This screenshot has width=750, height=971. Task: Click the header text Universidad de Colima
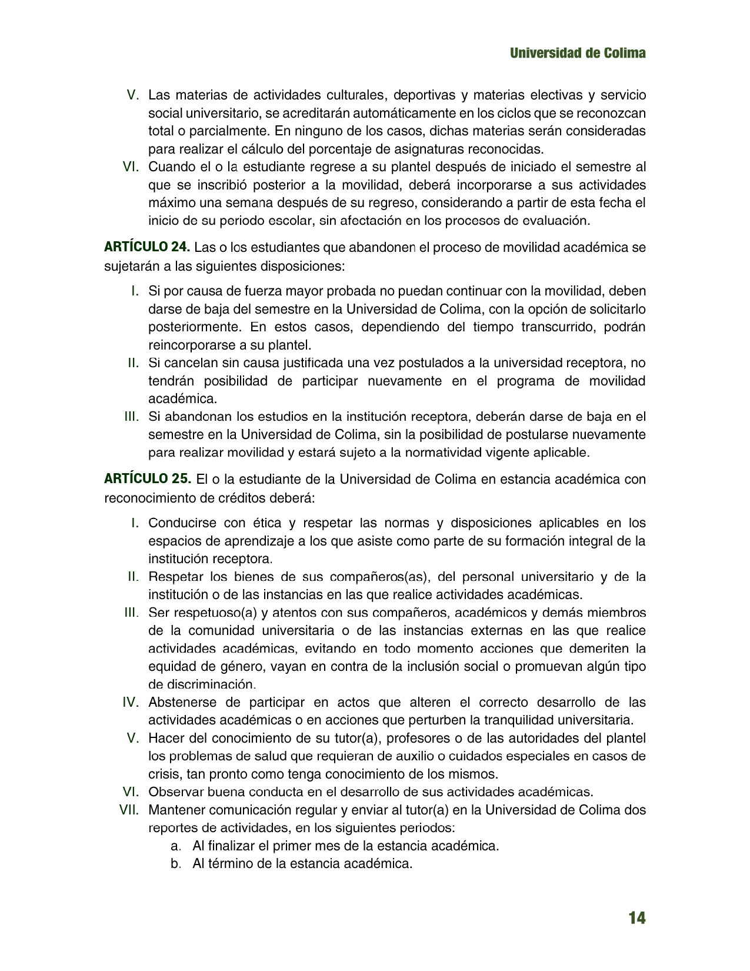(x=578, y=53)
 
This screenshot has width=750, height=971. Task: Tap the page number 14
(x=636, y=918)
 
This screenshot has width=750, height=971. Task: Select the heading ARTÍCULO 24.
(x=147, y=247)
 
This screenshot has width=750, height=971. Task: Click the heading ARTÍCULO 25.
(x=147, y=479)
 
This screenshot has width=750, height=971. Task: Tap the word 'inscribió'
(x=226, y=185)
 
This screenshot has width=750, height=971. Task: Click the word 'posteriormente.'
(x=194, y=327)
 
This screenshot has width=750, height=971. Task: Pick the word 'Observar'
(x=173, y=792)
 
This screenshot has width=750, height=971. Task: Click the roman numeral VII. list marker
(x=129, y=810)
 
